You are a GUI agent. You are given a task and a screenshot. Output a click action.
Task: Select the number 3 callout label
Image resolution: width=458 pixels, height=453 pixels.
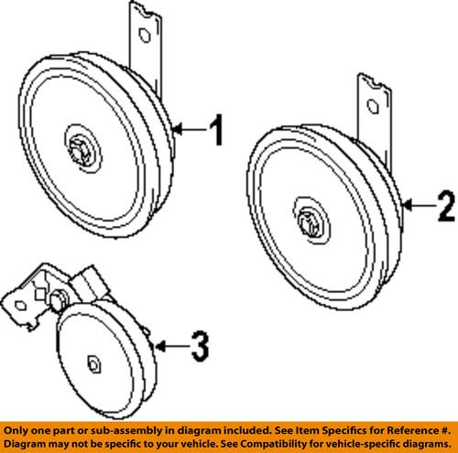[x=199, y=346]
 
